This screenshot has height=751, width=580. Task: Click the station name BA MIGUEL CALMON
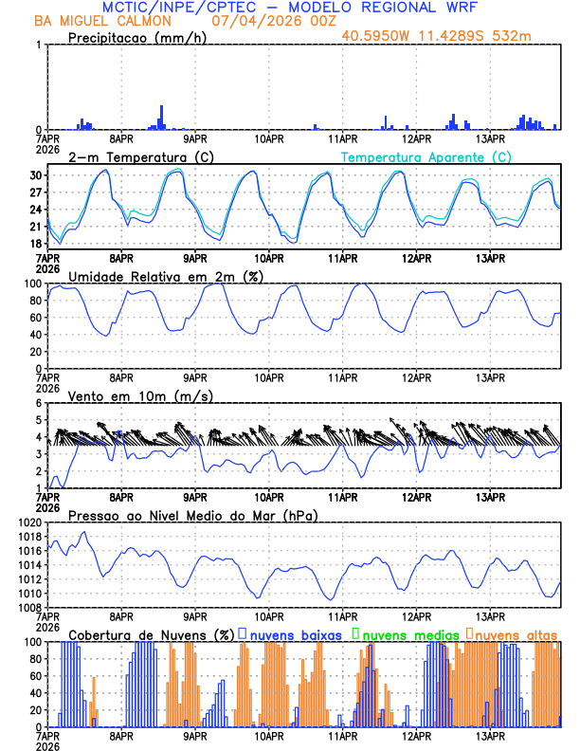coord(95,21)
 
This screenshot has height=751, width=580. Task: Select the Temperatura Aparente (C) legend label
coord(426,156)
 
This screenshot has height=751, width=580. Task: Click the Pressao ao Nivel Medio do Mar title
coord(192,515)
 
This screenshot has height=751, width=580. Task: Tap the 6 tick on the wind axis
coord(39,403)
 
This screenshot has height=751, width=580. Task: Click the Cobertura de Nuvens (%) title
coord(152,633)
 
